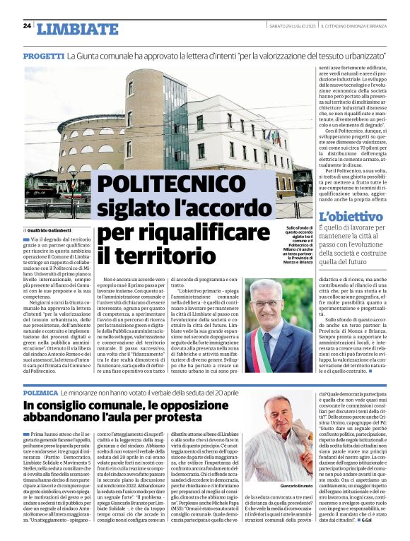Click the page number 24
pyautogui.click(x=28, y=26)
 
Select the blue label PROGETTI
pyautogui.click(x=43, y=55)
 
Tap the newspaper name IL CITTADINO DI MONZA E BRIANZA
pyautogui.click(x=354, y=26)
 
